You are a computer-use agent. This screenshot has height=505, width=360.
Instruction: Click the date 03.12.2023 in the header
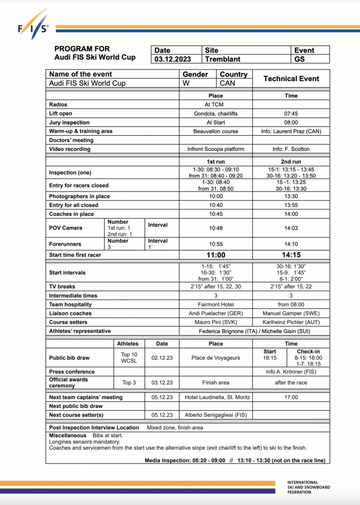tap(173, 59)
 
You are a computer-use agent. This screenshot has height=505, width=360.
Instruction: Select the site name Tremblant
tap(222, 59)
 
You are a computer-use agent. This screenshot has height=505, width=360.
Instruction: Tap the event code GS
tap(299, 59)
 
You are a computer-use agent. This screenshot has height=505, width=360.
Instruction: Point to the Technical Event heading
tap(291, 78)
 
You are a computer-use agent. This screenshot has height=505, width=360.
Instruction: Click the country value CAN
tap(227, 83)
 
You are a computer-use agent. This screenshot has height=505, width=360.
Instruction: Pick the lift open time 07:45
tap(291, 113)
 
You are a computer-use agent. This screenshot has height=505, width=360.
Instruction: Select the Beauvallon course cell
tap(216, 131)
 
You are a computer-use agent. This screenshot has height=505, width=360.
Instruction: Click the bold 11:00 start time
tap(216, 255)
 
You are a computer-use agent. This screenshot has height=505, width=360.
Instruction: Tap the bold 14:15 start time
tap(291, 255)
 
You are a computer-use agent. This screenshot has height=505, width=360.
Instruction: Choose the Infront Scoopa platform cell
tap(216, 149)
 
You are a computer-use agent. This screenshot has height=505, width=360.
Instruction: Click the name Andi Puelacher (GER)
tap(216, 313)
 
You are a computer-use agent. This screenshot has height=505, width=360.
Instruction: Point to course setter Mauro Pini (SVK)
tap(216, 322)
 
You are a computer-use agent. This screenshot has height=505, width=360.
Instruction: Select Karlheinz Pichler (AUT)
tap(291, 322)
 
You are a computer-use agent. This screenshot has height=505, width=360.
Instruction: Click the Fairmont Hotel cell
tap(216, 304)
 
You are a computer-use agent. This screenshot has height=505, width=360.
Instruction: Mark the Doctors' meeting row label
tap(71, 140)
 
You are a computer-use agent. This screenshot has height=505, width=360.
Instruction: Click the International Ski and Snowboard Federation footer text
tap(309, 487)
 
